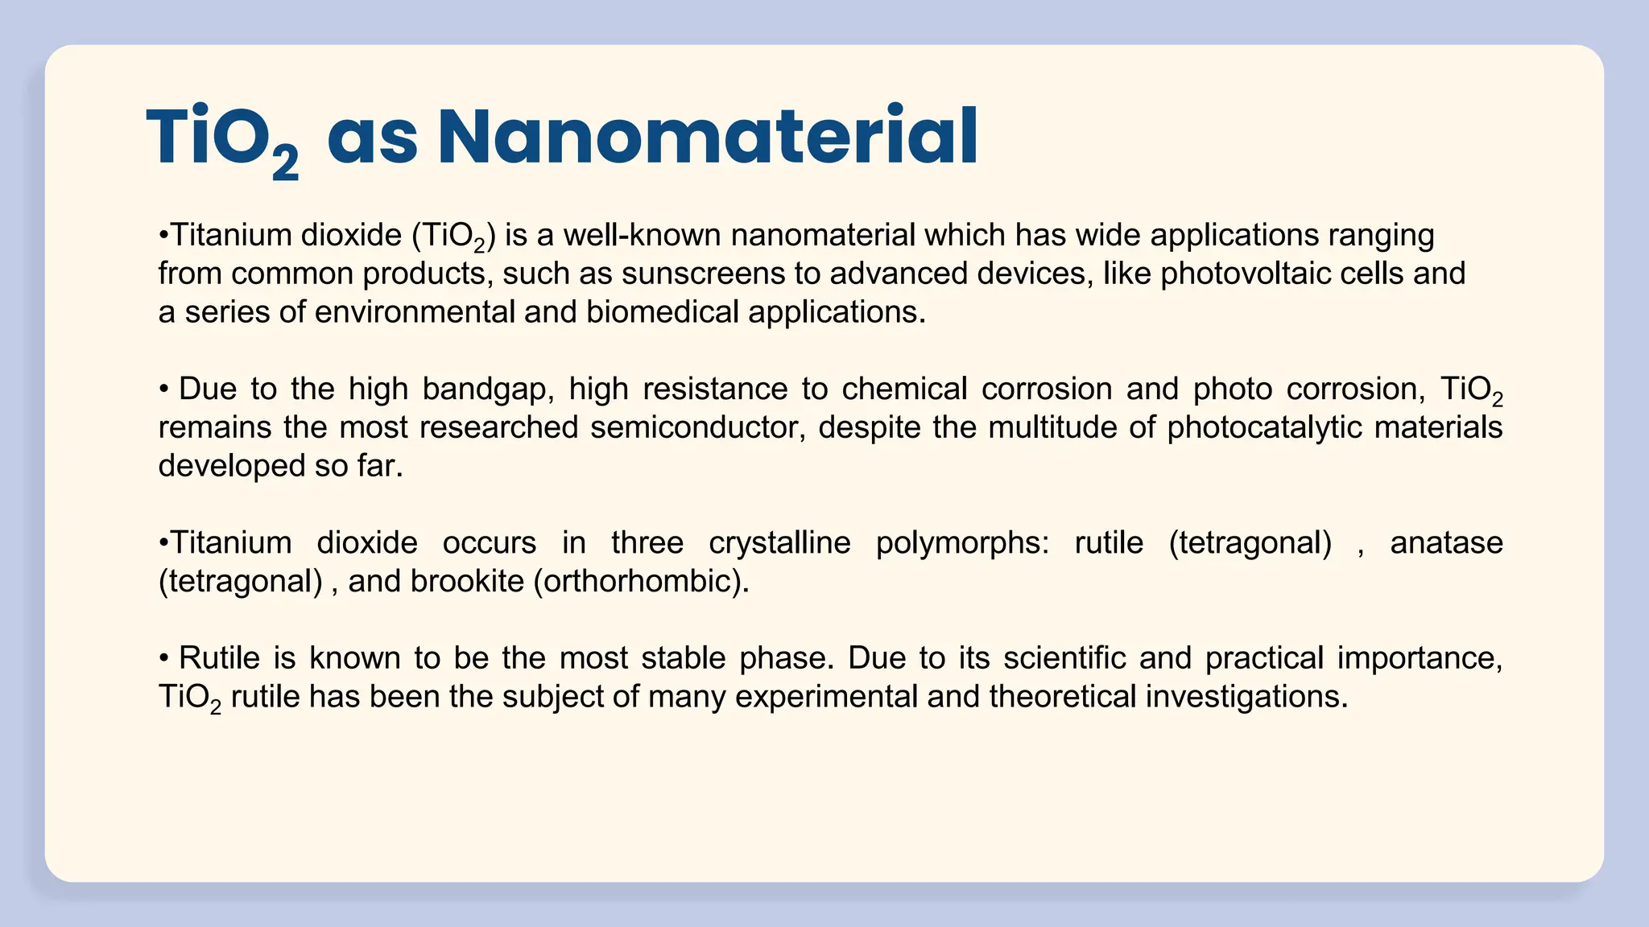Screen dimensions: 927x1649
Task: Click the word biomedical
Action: pyautogui.click(x=662, y=312)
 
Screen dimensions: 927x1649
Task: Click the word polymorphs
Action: pyautogui.click(x=962, y=543)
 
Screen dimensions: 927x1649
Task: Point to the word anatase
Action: pyautogui.click(x=1446, y=543)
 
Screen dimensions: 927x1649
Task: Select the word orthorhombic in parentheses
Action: pyautogui.click(x=641, y=582)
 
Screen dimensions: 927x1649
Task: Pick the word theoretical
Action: pyautogui.click(x=1062, y=697)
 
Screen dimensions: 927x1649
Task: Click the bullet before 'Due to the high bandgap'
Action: pyautogui.click(x=163, y=389)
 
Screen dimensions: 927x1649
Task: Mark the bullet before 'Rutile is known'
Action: pyautogui.click(x=163, y=659)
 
